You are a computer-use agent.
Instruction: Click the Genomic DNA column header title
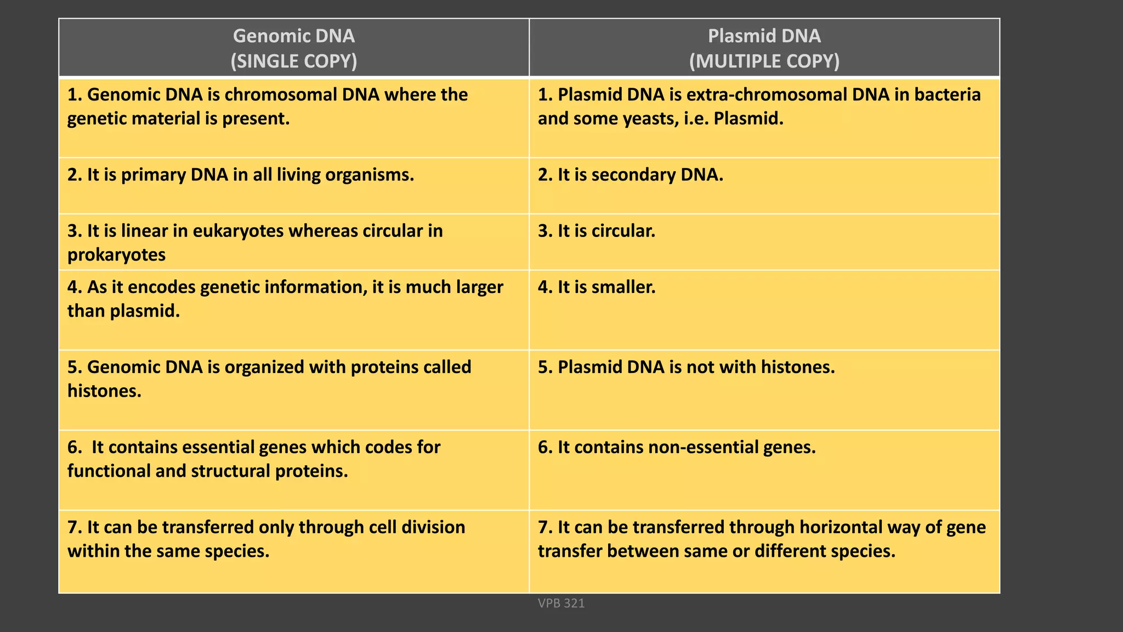click(x=293, y=36)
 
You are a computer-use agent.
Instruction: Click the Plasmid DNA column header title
click(x=764, y=36)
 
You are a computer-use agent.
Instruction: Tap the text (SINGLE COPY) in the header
click(x=293, y=61)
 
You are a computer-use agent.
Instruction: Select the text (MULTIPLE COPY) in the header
click(x=764, y=61)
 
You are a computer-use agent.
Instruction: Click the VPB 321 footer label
click(x=561, y=603)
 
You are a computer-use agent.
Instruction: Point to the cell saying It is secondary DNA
click(x=630, y=175)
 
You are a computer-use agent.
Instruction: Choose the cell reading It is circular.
click(x=596, y=231)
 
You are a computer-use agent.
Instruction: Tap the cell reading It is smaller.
click(x=596, y=287)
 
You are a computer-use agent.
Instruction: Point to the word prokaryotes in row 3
click(x=116, y=255)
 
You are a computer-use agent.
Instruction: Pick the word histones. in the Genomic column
click(x=104, y=391)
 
